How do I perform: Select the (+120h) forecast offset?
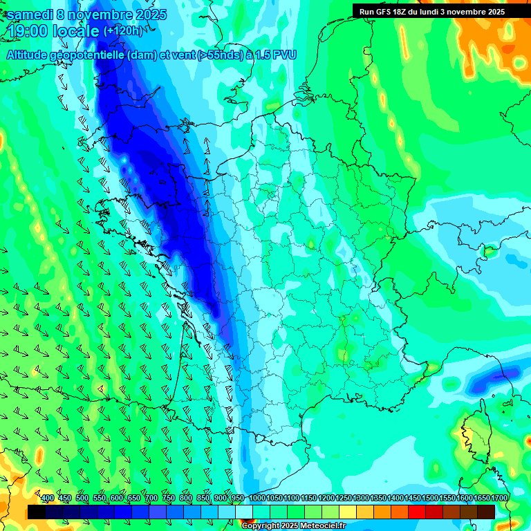tap(123, 31)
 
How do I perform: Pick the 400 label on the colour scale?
tap(48, 499)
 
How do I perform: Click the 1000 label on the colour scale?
tap(257, 499)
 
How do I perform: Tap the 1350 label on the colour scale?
tap(378, 499)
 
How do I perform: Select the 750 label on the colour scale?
tap(169, 499)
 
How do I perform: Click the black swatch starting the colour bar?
tap(37, 512)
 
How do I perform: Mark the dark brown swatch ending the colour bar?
tap(486, 512)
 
